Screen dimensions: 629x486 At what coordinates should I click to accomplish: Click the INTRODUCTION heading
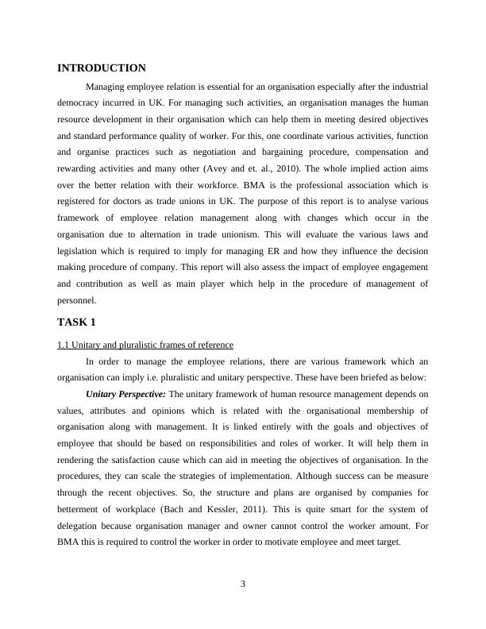[102, 68]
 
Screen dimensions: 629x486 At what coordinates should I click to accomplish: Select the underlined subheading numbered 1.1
[145, 345]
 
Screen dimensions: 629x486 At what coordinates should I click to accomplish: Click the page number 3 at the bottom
[243, 585]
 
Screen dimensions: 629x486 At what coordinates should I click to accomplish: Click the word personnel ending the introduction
[76, 301]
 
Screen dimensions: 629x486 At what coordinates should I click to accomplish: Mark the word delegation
[83, 527]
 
